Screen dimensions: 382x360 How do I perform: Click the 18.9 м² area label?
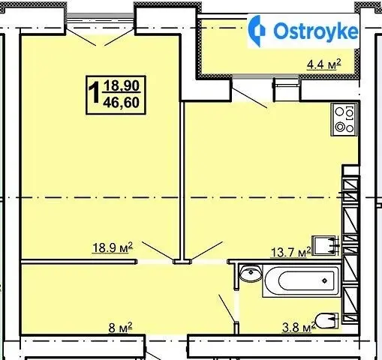coord(113,247)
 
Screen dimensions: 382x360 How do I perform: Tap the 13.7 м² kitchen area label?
coord(291,251)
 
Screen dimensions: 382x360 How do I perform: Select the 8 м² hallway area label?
coord(120,327)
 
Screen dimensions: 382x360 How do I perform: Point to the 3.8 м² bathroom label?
coord(299,327)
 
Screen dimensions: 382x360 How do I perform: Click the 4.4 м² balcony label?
coord(323,64)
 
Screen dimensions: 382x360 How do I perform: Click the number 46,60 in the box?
coord(121,103)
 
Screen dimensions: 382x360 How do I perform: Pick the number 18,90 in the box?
coord(122,85)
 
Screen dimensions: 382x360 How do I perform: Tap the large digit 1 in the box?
coord(95,93)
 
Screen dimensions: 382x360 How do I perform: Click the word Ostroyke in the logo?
coord(316,31)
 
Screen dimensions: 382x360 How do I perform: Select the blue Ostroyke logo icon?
coord(257,31)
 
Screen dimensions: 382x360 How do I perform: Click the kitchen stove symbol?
coord(344,120)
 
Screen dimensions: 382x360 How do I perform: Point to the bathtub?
coord(302,281)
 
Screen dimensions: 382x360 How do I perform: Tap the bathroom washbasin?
coord(251,274)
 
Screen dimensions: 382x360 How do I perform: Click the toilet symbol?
coord(326,320)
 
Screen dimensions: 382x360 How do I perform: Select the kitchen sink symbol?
coord(325,245)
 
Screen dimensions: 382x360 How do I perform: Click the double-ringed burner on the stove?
coord(339,127)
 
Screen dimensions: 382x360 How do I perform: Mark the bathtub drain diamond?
coord(325,280)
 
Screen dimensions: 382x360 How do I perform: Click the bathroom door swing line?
coord(227,308)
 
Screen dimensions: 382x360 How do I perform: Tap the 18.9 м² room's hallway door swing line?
coord(158,250)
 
